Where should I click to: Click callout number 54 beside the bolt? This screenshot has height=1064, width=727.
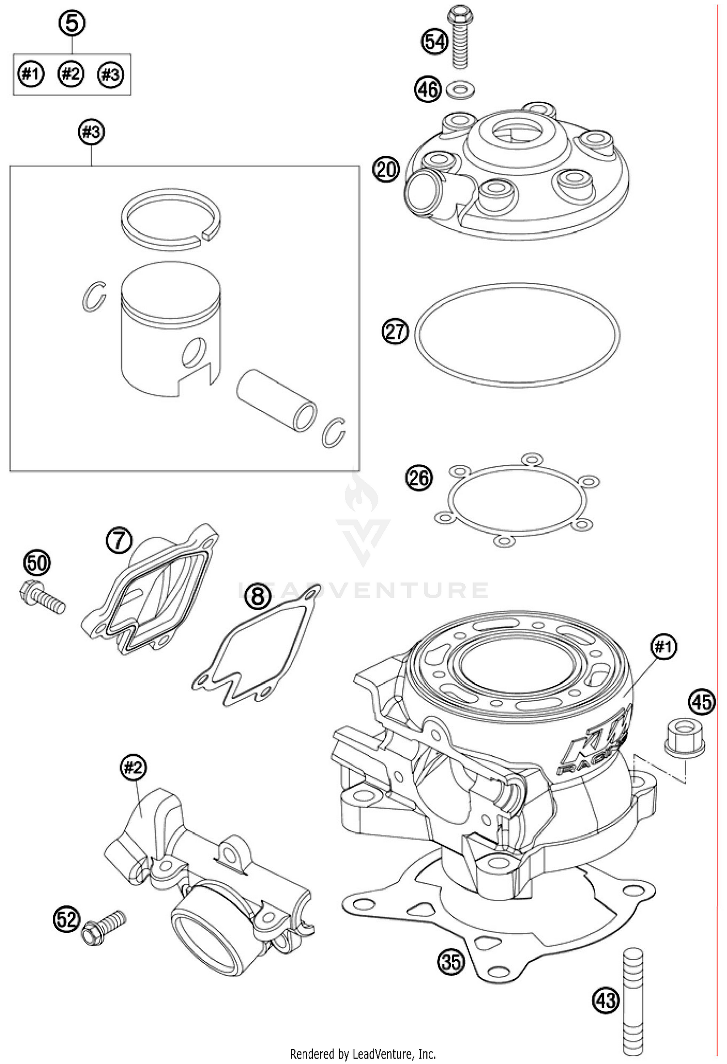coord(434,42)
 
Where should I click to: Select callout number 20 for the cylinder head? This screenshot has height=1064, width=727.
coord(386,170)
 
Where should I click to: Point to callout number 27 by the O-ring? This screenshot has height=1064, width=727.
coord(395,332)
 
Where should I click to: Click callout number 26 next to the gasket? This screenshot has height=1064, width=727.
coord(418,478)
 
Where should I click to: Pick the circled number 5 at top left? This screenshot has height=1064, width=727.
coord(71,24)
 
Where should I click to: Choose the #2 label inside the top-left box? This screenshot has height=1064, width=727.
coord(71,74)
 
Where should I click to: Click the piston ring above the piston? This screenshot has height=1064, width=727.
coord(171,220)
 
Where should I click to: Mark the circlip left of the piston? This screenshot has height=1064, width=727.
coord(93,296)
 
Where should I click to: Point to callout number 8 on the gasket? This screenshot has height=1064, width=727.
coord(257,596)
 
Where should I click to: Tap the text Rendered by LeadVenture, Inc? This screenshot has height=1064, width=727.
coord(363,1054)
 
